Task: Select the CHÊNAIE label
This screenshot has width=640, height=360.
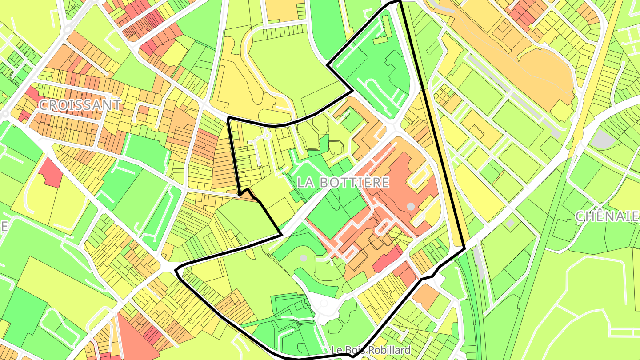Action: (x=608, y=216)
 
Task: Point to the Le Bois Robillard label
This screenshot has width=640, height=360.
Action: (x=371, y=350)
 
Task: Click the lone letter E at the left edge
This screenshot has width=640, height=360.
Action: (x=4, y=226)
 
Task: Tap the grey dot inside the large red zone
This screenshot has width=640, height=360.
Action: (x=411, y=206)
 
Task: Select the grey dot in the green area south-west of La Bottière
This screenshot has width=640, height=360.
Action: (x=304, y=258)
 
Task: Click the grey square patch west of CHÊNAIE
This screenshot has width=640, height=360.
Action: (x=510, y=222)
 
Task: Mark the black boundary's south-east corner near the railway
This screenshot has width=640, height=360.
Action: (x=464, y=248)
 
